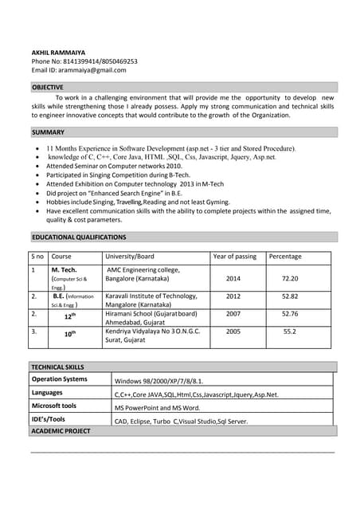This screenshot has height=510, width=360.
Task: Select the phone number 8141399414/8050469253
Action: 99,61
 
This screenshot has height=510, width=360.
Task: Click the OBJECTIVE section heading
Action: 48,86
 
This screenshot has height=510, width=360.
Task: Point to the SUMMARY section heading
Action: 48,131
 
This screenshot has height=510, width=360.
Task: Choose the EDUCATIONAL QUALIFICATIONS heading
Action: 79,237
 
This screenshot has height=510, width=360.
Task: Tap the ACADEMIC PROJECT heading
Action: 61,430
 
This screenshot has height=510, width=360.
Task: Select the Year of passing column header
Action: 234,257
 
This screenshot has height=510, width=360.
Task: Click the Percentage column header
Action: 285,257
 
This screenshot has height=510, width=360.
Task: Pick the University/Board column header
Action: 130,257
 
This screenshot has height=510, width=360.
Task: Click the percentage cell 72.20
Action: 290,279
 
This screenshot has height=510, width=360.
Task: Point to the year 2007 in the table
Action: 233,314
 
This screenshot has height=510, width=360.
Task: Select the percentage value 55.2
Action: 290,331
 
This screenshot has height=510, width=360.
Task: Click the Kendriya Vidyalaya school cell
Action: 153,335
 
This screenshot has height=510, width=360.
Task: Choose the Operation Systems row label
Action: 60,379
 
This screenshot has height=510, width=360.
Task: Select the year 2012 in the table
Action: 233,296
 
